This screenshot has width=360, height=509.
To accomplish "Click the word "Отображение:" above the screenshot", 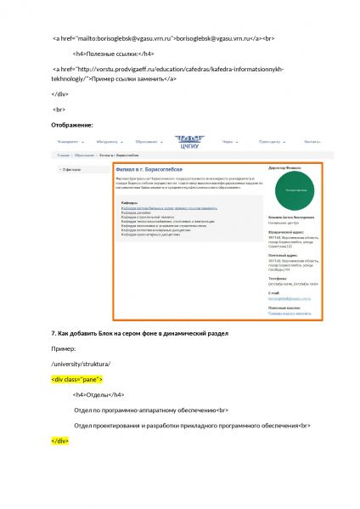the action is [72, 126].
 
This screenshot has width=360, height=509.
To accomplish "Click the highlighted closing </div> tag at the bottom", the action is [59, 441].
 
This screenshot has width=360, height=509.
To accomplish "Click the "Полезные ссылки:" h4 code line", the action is [115, 54].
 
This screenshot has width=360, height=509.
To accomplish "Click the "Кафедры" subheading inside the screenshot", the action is [129, 203].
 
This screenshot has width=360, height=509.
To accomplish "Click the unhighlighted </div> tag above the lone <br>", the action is [59, 93].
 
